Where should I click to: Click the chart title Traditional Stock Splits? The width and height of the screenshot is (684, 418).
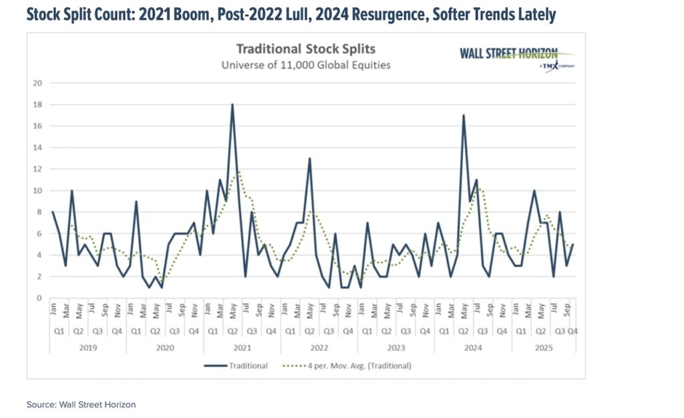coord(307,49)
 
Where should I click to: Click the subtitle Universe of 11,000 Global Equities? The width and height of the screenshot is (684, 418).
coord(307,65)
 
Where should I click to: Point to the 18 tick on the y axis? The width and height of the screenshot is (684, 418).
coord(37,105)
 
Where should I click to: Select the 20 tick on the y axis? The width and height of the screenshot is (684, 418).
coord(37,83)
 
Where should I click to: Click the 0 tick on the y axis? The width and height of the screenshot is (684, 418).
coord(39,298)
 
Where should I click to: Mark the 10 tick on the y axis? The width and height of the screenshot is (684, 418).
coord(37,191)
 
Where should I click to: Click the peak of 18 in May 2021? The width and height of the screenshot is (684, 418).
coord(232,105)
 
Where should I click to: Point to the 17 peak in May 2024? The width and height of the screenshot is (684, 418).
coord(463,116)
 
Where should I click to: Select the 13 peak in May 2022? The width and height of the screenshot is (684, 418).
coord(309,158)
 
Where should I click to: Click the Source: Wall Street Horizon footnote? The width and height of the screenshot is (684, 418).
coord(81,404)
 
